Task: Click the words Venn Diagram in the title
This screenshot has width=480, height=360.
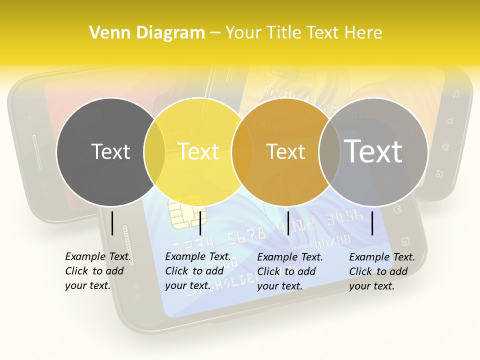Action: tap(147, 33)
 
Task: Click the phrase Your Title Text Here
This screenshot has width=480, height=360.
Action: tap(303, 33)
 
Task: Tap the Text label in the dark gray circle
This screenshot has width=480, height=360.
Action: tap(110, 151)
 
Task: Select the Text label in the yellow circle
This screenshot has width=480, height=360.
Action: tap(198, 151)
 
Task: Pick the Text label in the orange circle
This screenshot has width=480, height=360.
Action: tap(285, 151)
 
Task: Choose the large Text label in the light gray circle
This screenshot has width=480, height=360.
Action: tap(373, 151)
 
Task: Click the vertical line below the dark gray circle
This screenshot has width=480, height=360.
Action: tap(112, 223)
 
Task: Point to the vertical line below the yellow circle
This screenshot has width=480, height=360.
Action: tap(200, 223)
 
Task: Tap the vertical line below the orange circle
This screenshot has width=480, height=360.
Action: tap(288, 223)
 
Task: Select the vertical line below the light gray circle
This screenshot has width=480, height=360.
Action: tap(372, 223)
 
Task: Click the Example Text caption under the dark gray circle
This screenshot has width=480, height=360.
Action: tap(98, 271)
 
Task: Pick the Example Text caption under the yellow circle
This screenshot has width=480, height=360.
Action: tap(198, 271)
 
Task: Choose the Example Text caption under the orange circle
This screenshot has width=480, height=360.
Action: tap(290, 271)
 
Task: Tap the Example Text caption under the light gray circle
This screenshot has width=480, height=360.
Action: tap(382, 271)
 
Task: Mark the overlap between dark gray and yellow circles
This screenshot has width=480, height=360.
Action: tap(154, 151)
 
